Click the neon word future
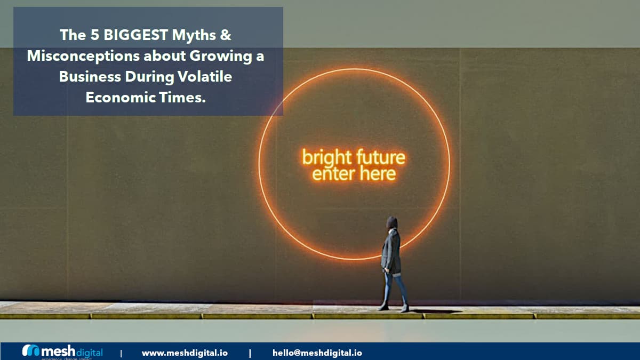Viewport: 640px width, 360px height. click(x=380, y=158)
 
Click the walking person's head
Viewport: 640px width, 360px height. click(x=392, y=222)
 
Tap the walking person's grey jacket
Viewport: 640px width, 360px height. click(x=391, y=251)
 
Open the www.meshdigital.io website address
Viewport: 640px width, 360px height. click(x=185, y=353)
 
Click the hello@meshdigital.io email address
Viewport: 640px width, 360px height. click(x=317, y=353)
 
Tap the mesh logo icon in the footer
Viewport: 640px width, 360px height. click(x=31, y=351)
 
